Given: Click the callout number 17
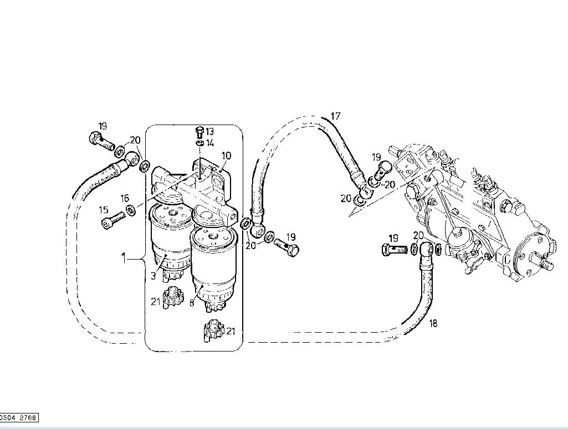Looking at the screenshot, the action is point(335,116).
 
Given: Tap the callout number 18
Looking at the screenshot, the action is point(433,323).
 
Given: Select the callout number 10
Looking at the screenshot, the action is point(226,156).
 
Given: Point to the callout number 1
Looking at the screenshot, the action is point(124,259).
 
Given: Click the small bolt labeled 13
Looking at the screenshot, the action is point(199,132).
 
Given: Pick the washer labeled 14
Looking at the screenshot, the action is point(199,143).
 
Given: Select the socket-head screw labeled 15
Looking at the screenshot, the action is point(113,220).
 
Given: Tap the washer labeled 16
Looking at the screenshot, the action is point(131,210).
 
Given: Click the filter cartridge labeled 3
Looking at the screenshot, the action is point(169,242).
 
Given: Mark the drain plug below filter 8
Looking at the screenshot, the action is point(214,331).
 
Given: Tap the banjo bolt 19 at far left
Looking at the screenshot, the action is point(101,142).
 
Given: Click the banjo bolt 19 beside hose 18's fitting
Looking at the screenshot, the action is point(395,250).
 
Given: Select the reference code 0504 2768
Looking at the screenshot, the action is point(18,418).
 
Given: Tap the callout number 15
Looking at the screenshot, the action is point(104,210).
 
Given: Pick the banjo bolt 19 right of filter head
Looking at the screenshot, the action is point(286,246).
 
